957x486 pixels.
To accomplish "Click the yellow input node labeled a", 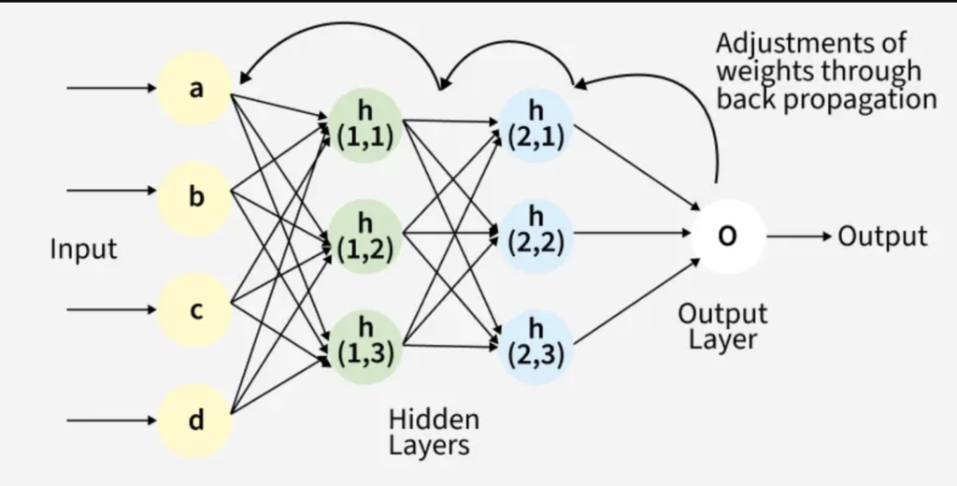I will click(x=195, y=89).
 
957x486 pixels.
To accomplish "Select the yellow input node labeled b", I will click(x=195, y=197).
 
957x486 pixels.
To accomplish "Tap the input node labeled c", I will click(x=195, y=309).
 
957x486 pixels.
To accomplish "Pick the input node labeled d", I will click(x=195, y=421).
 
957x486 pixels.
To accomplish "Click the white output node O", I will click(x=727, y=236).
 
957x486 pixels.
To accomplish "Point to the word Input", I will click(x=84, y=250).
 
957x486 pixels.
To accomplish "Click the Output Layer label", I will click(x=722, y=325).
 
